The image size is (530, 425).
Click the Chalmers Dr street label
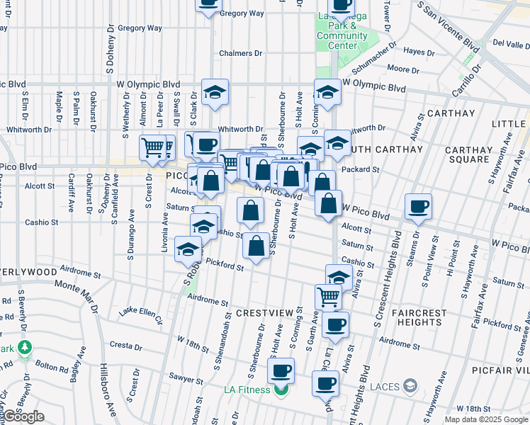coord(240,53)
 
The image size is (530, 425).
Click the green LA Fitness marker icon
coord(282,390)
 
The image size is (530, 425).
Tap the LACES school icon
coord(410,386)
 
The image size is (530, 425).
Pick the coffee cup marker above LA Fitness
coord(281,369)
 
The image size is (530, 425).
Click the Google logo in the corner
coord(24,416)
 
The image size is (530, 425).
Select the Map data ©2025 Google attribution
coord(485,419)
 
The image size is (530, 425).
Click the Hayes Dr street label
coord(418,52)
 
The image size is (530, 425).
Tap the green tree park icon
coord(26,348)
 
